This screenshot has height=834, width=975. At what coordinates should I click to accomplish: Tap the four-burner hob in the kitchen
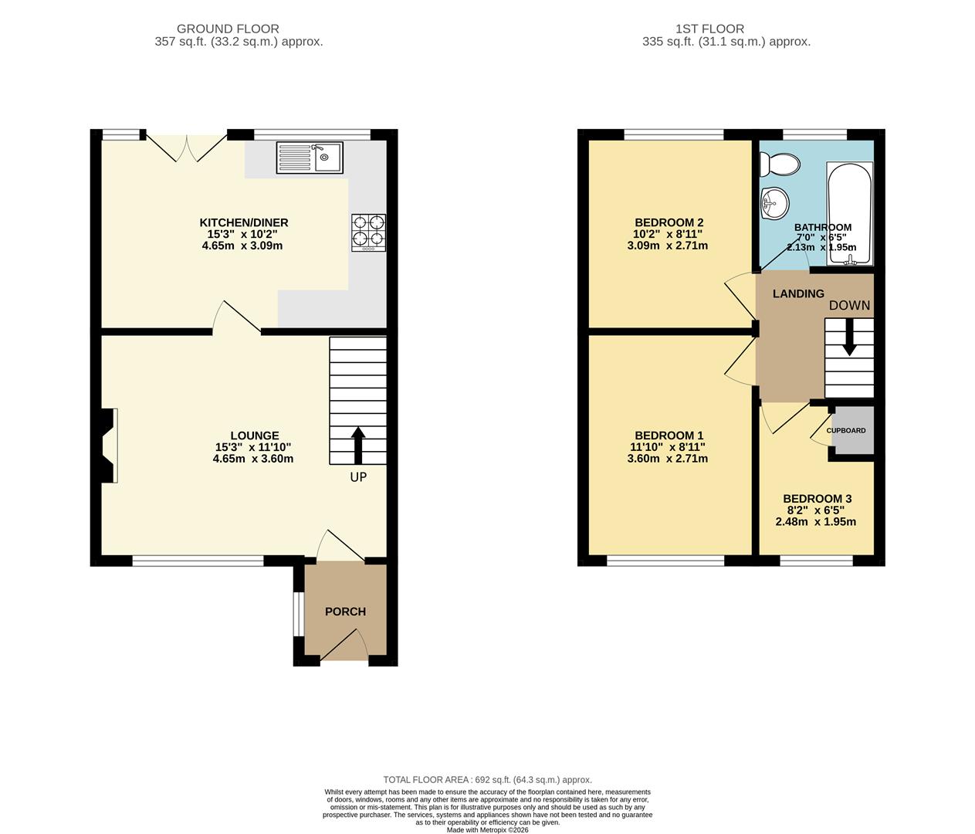(x=368, y=232)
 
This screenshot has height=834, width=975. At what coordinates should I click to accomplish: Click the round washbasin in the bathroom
(x=774, y=203)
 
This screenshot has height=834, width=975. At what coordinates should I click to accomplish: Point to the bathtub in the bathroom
(x=849, y=213)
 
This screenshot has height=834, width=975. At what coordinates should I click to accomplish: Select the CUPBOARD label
(x=846, y=431)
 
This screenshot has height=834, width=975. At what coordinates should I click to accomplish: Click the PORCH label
(x=345, y=612)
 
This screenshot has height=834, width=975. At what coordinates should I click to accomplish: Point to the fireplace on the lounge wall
(x=108, y=446)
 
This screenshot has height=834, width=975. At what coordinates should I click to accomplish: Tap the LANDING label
(x=798, y=293)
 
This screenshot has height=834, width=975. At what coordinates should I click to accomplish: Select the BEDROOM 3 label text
(x=817, y=499)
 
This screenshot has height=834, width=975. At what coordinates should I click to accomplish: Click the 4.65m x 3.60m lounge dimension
(x=253, y=459)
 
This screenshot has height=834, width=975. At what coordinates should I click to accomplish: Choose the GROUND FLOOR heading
(x=228, y=29)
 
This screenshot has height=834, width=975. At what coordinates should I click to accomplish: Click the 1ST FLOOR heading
(x=709, y=29)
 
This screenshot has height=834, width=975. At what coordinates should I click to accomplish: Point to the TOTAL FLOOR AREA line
(x=487, y=780)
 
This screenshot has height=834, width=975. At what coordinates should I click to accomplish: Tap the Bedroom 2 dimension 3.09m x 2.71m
(x=667, y=246)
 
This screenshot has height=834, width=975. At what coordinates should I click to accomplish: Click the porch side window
(x=297, y=615)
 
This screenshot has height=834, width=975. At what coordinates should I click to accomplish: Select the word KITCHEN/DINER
(x=243, y=223)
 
